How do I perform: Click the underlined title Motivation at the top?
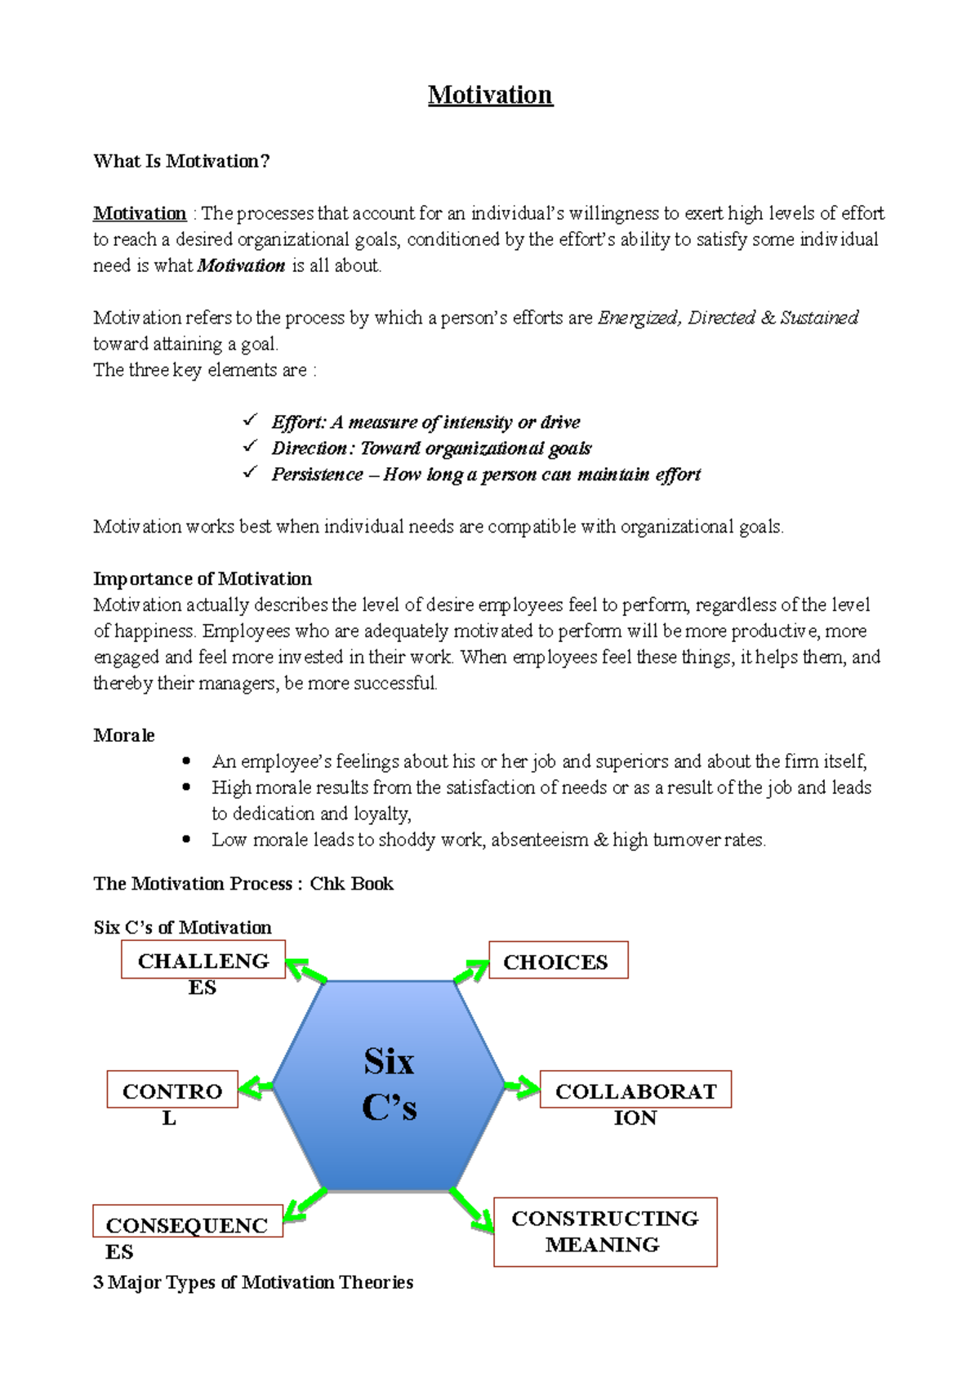click(x=490, y=95)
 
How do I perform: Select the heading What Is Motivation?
click(x=181, y=161)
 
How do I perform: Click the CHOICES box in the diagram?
click(x=558, y=961)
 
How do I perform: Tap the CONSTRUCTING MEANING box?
click(x=605, y=1232)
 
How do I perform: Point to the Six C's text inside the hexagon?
click(x=390, y=1085)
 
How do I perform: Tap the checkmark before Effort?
click(x=250, y=421)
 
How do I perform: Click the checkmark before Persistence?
click(x=250, y=473)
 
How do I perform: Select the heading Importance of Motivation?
click(x=203, y=578)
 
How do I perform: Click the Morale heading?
click(x=124, y=735)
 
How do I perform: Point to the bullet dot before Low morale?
click(x=187, y=839)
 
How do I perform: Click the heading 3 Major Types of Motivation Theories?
click(x=253, y=1282)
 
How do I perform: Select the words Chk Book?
click(x=351, y=884)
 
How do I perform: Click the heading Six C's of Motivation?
click(x=182, y=927)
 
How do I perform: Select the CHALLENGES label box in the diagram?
click(x=203, y=961)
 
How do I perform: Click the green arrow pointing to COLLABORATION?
click(x=522, y=1087)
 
